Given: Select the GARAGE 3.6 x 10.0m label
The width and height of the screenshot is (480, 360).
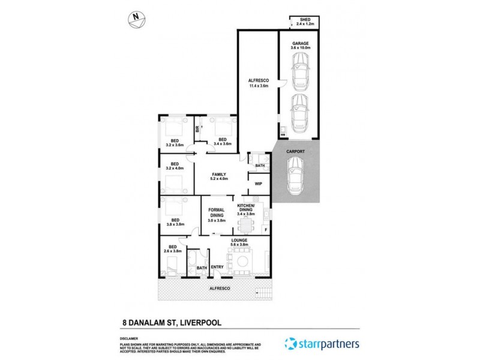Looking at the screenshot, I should (300, 46).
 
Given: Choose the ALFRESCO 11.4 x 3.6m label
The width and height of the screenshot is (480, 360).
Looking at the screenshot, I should (258, 83).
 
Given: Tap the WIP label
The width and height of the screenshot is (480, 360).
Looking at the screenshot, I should (259, 184).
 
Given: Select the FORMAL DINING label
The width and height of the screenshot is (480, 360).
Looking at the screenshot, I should (216, 215).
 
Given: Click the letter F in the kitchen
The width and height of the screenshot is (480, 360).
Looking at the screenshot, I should (266, 229).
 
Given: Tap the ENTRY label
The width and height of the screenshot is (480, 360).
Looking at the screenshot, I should (217, 267).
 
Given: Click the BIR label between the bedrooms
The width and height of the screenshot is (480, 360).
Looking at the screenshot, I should (196, 130).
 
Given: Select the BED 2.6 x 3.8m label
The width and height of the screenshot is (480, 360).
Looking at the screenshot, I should (172, 250).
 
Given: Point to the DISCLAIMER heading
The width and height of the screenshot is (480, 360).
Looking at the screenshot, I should (130, 338).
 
